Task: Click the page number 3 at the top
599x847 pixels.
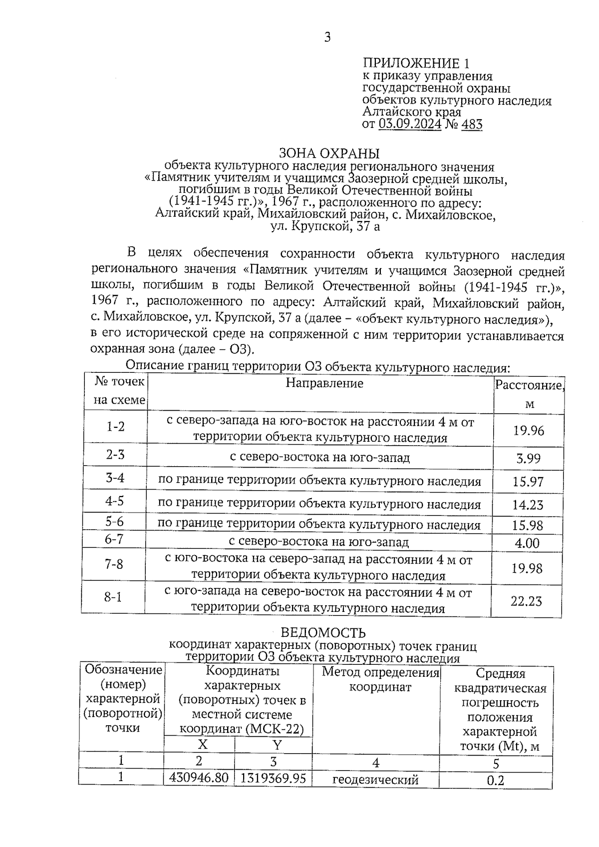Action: tap(327, 37)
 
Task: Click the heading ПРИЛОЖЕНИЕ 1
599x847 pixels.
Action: tap(416, 63)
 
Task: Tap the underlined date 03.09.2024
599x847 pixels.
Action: tap(410, 124)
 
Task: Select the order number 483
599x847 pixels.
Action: tap(472, 124)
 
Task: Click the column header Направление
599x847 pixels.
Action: tap(324, 383)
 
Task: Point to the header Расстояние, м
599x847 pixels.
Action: tap(529, 394)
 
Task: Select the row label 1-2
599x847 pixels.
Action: tap(115, 427)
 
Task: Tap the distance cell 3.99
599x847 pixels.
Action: tap(528, 458)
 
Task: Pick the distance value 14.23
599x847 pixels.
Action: tap(528, 505)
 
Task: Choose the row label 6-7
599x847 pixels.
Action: tap(114, 539)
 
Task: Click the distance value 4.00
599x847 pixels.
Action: tap(527, 543)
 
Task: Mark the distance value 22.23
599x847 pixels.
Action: tap(526, 601)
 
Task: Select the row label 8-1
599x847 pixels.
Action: tap(113, 596)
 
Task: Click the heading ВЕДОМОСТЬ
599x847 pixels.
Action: tap(323, 633)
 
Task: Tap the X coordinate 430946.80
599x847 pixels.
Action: tap(199, 778)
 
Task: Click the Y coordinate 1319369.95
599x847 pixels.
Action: tap(273, 778)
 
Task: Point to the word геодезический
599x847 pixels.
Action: tap(375, 780)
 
